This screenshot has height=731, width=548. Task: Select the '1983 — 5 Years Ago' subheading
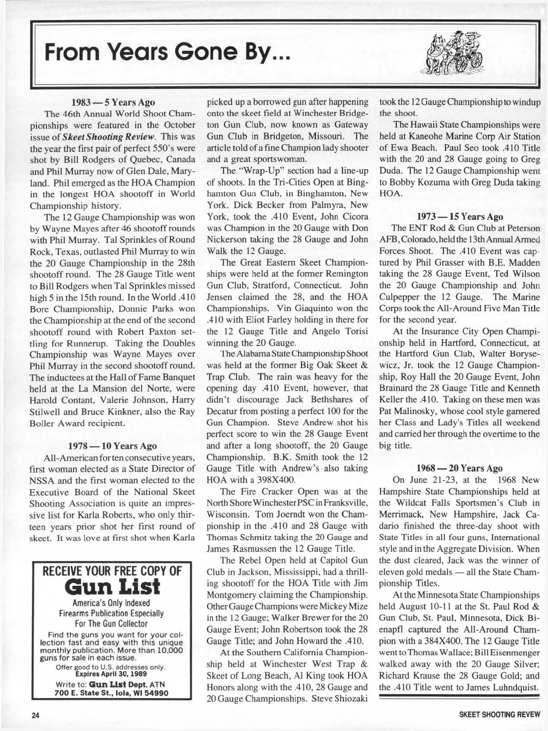(x=113, y=102)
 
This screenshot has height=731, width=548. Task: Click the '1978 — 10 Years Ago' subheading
(x=112, y=446)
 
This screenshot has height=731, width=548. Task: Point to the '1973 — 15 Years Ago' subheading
(x=460, y=216)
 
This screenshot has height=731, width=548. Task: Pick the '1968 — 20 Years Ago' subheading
(x=459, y=468)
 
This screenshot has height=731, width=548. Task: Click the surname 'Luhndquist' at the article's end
(x=515, y=687)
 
